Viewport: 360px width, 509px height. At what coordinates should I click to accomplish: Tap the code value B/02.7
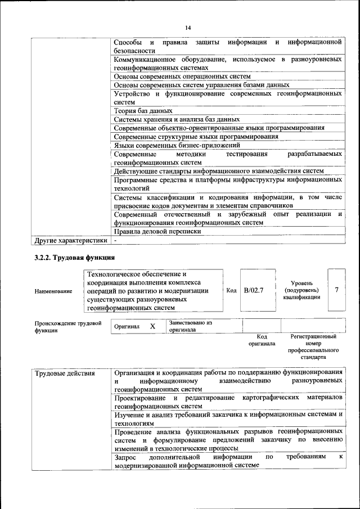coord(254,290)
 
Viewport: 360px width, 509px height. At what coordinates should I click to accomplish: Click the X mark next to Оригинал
coord(152,326)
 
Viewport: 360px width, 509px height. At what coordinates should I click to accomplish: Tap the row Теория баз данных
coord(143,111)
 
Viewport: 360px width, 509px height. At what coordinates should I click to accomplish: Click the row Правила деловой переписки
coord(157,231)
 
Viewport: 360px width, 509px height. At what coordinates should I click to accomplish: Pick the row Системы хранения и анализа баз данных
coord(177,119)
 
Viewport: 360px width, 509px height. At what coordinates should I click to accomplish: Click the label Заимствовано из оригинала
coord(190,327)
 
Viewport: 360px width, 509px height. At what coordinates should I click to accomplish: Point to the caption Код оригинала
coord(262,340)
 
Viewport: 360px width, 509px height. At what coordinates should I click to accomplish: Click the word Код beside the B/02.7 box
coord(231,290)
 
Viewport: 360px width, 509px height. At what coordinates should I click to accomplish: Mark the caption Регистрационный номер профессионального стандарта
coord(313,346)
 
